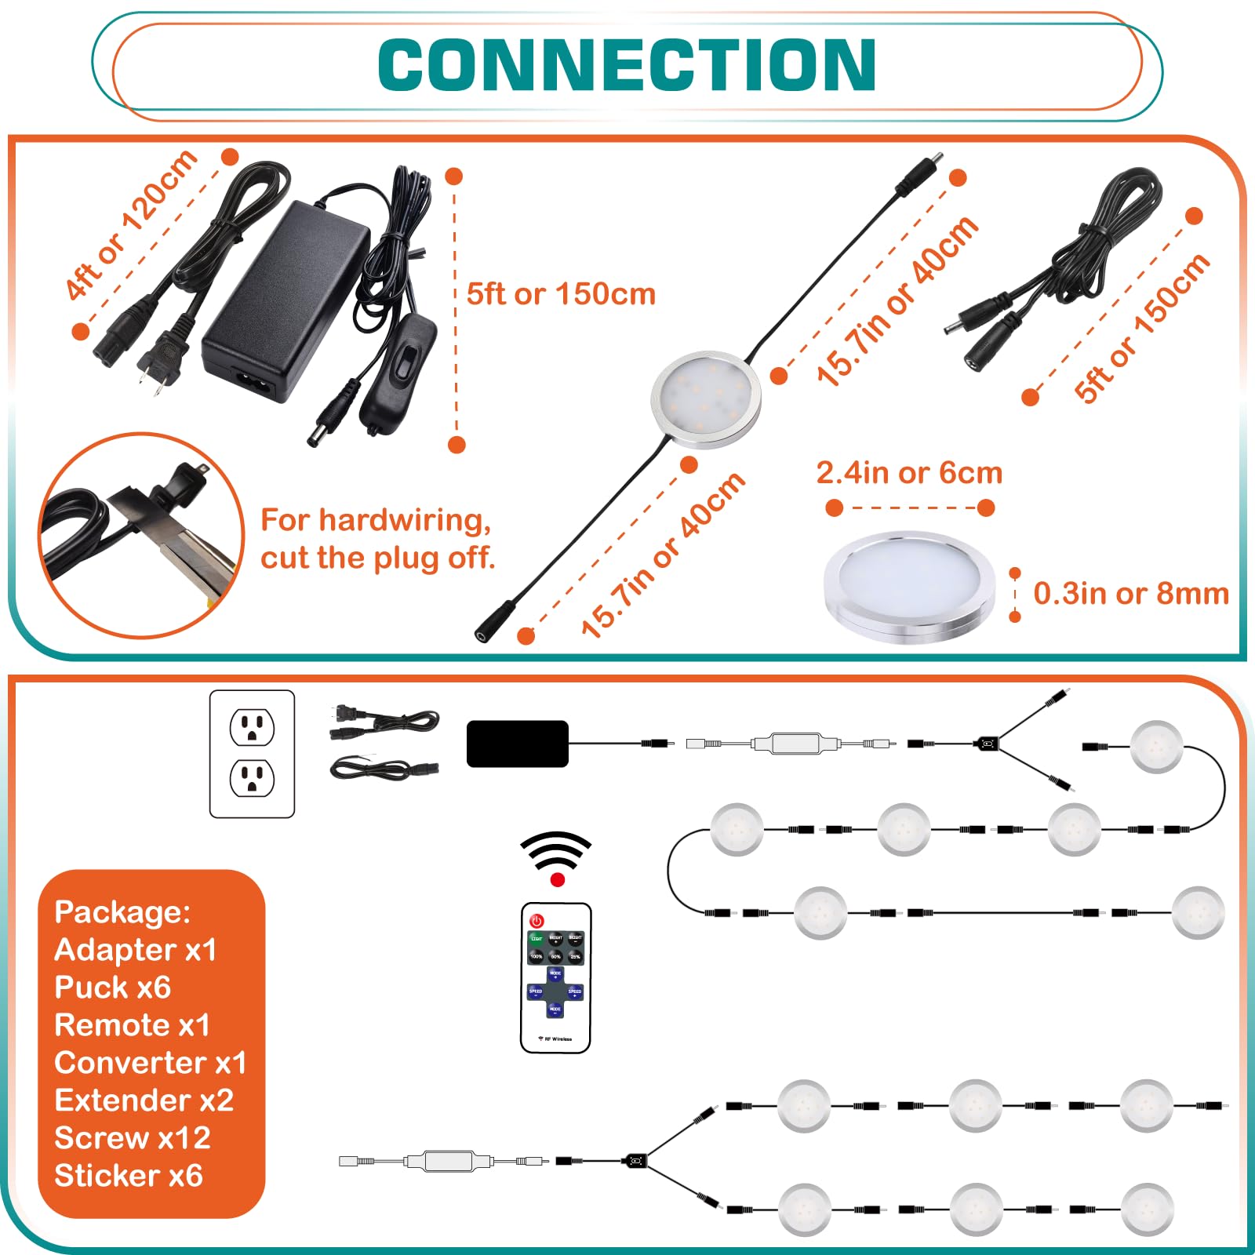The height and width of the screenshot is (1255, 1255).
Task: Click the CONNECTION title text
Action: coord(627,65)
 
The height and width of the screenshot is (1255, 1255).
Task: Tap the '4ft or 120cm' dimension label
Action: coord(131,224)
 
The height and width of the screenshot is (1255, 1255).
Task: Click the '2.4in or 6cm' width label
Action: coord(909,473)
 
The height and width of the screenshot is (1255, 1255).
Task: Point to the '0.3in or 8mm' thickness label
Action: coord(1130,593)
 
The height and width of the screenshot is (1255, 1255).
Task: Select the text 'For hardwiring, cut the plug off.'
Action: coord(377,539)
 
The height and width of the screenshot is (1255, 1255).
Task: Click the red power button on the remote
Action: coord(537,921)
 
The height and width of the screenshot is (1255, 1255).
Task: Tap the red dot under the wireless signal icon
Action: coord(558,880)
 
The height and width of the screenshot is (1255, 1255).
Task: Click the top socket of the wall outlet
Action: coord(252,727)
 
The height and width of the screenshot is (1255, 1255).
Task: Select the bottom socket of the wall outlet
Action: coord(252,778)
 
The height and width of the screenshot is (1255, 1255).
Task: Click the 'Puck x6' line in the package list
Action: coord(113,988)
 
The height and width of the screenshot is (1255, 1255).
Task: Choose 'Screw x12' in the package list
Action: coord(133,1138)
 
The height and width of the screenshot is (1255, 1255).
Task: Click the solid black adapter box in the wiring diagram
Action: coord(517,744)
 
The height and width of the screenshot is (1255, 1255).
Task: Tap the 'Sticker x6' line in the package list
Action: coord(129,1176)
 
